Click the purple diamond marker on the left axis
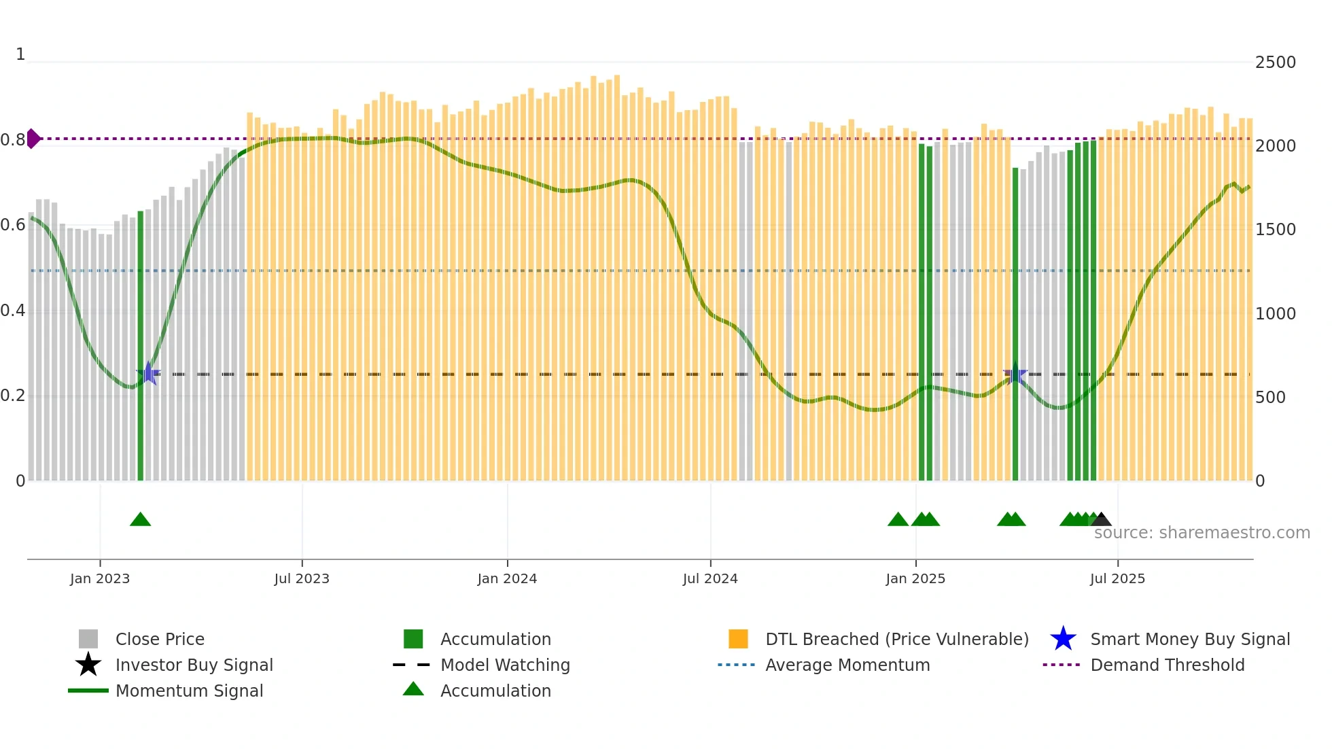tap(33, 139)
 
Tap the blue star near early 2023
tap(148, 373)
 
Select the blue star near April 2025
tap(1015, 374)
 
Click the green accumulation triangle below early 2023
tap(140, 520)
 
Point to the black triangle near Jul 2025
tap(1101, 520)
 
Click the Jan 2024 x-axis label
tap(507, 578)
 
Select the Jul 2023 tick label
tap(302, 578)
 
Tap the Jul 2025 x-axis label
tap(1117, 578)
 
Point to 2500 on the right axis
tap(1276, 63)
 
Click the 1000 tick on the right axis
tap(1276, 314)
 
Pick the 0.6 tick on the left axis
tap(13, 225)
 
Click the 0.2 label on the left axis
tap(13, 396)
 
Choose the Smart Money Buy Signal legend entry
tap(1189, 639)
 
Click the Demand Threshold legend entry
tap(1167, 665)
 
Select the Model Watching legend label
tap(505, 665)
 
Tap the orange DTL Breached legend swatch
tap(738, 639)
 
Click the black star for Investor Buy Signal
tap(88, 665)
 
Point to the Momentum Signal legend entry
tap(189, 691)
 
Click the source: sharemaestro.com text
tap(1202, 533)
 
